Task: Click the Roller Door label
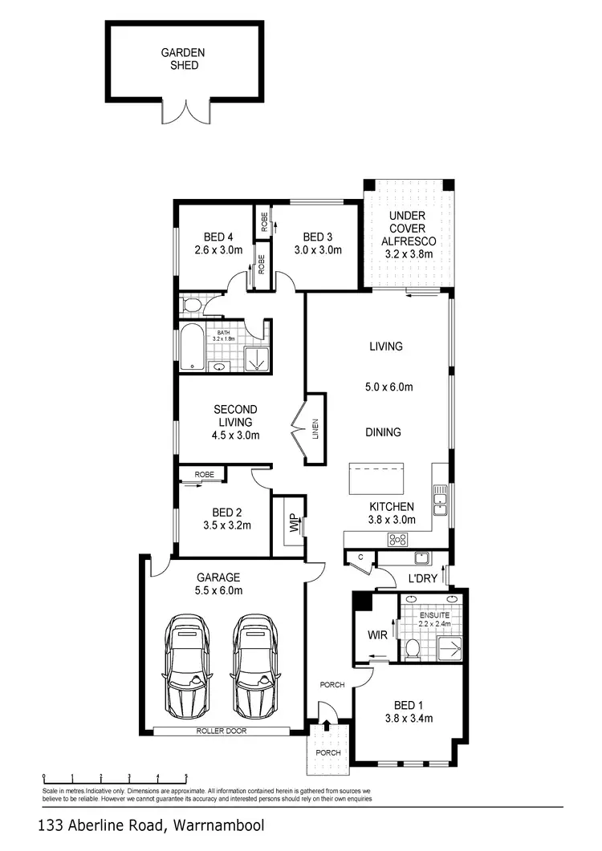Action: [x=225, y=731]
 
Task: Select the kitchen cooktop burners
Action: [x=397, y=539]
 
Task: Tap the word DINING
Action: [x=383, y=432]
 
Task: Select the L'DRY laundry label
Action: [x=421, y=578]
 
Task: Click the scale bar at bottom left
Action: [x=115, y=776]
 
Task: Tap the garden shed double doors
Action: [x=186, y=112]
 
